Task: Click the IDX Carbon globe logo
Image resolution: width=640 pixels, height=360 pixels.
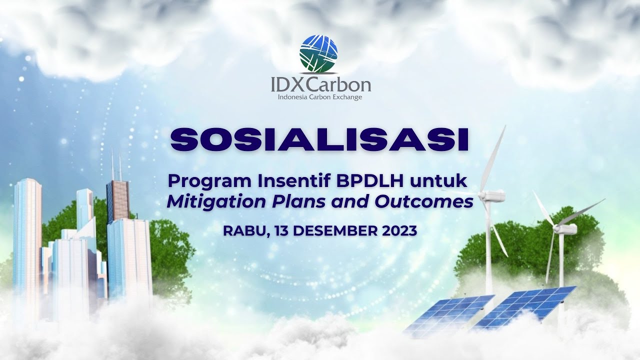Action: click(318, 53)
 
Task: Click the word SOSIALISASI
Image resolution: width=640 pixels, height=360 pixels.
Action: click(319, 140)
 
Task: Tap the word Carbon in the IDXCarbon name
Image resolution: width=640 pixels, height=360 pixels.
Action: click(341, 84)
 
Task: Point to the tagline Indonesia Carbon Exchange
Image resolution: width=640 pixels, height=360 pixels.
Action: click(320, 97)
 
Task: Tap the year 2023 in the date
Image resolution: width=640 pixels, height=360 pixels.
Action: click(399, 231)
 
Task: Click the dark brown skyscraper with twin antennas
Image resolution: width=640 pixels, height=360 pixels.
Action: click(117, 200)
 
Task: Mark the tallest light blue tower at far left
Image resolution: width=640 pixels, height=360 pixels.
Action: click(27, 240)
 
